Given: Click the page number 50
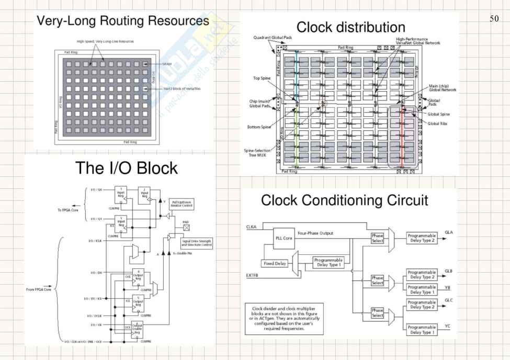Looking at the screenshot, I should coord(494,19).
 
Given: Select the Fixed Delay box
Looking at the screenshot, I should coord(274,263).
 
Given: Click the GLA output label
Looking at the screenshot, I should coord(449,231).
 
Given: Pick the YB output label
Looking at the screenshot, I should coord(447,287).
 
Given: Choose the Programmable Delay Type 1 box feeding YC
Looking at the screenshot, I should coord(422,330).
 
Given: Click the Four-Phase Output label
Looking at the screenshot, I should coord(315,233).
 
